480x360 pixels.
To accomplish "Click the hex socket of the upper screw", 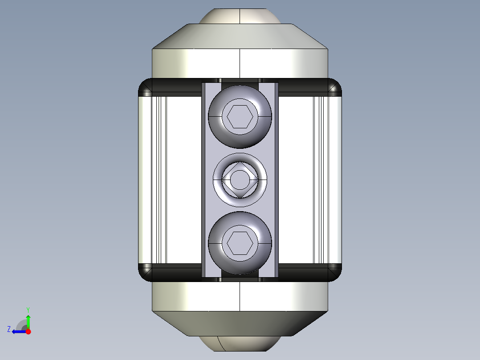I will pyautogui.click(x=240, y=117).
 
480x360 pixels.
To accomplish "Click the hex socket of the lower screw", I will pyautogui.click(x=240, y=243).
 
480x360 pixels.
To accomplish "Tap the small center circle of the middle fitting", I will pyautogui.click(x=240, y=180).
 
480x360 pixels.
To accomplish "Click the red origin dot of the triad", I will pyautogui.click(x=28, y=331).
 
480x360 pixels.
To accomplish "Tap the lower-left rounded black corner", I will pyautogui.click(x=145, y=273).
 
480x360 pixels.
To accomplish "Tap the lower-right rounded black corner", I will pyautogui.click(x=335, y=273).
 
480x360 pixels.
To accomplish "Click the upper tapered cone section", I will pyautogui.click(x=240, y=36).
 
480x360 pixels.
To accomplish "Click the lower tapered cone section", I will pyautogui.click(x=240, y=323).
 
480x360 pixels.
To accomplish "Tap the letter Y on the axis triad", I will pyautogui.click(x=28, y=309).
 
